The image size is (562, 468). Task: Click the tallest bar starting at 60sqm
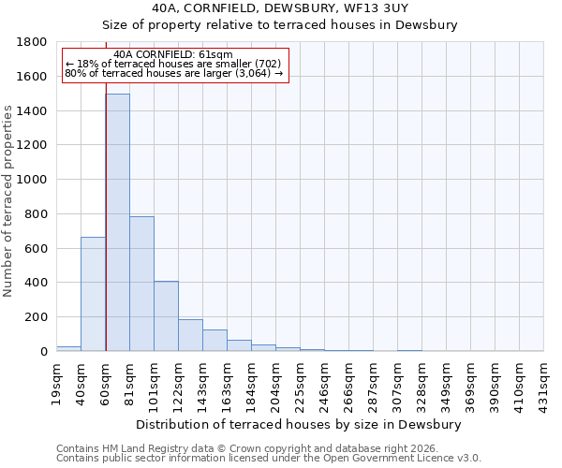(x=117, y=223)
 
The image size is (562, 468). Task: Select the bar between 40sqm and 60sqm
(x=93, y=294)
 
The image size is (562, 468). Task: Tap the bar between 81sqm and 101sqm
(x=141, y=284)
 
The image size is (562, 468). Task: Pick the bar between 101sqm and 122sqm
(x=166, y=316)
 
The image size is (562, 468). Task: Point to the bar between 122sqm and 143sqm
(x=190, y=335)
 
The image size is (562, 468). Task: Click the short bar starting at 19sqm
(x=68, y=348)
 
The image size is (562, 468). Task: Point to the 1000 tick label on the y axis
(x=33, y=180)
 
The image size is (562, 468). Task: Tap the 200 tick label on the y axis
(x=37, y=317)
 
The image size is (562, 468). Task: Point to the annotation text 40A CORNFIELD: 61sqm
(x=172, y=55)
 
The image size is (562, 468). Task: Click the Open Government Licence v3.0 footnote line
(x=269, y=459)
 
